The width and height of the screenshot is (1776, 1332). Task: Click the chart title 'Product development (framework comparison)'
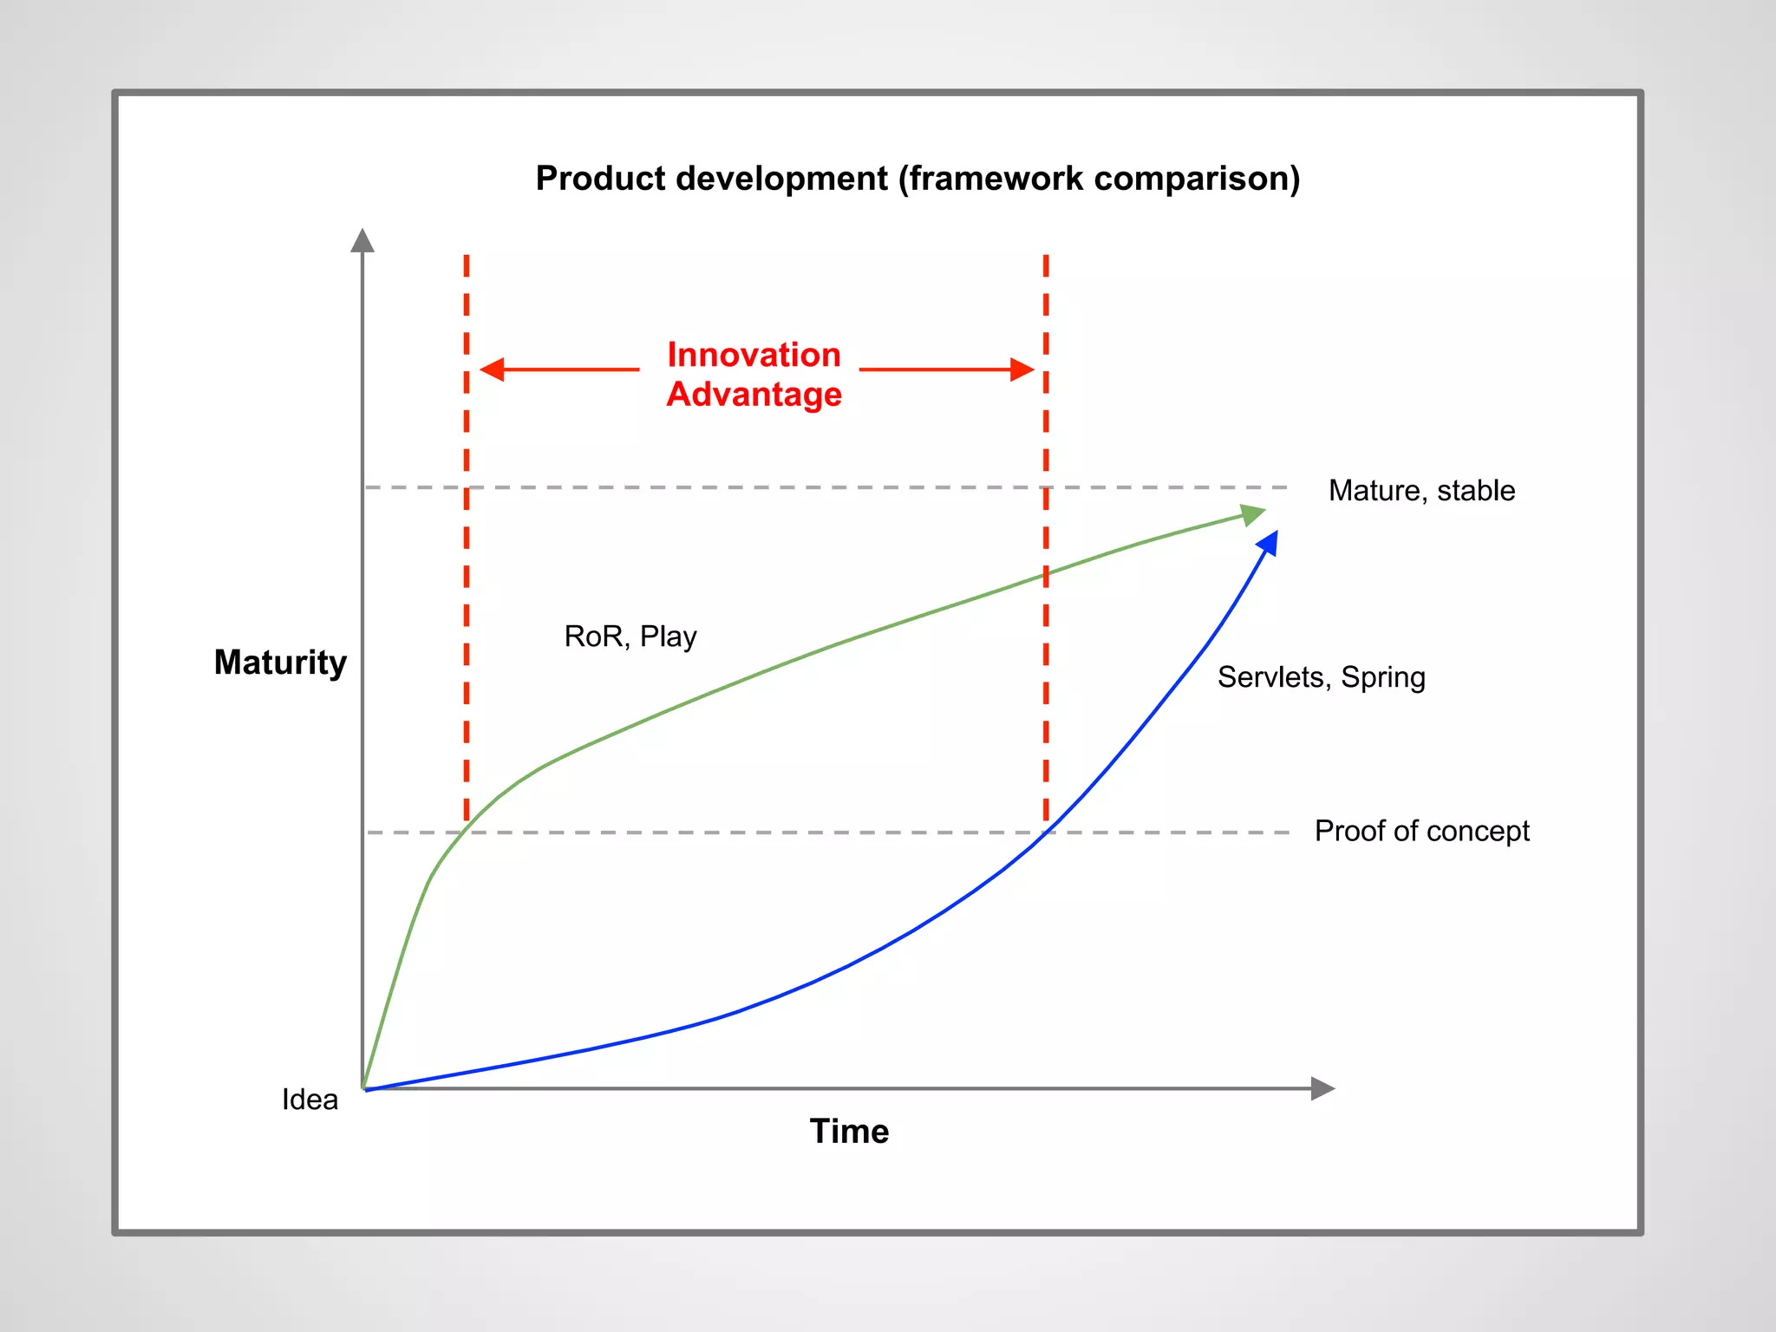tap(917, 179)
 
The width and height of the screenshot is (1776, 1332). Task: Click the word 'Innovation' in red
tap(754, 355)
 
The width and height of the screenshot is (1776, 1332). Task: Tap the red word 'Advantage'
tap(754, 395)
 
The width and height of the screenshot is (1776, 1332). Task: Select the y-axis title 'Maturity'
tap(280, 663)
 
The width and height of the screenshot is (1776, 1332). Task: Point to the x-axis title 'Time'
tap(849, 1132)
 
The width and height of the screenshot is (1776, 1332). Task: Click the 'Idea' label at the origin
tap(310, 1100)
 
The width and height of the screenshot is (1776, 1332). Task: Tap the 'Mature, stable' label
tap(1421, 491)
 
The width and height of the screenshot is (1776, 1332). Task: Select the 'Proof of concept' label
tap(1421, 831)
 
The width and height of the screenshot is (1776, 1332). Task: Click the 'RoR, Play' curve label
tap(630, 637)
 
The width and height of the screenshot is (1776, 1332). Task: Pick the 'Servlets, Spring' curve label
tap(1321, 677)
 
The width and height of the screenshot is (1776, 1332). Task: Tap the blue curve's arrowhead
tap(1269, 544)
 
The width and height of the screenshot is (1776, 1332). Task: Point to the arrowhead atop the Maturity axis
tap(362, 241)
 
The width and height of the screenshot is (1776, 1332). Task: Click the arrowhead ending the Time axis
tap(1322, 1088)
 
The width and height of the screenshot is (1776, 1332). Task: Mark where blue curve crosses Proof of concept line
tap(1047, 832)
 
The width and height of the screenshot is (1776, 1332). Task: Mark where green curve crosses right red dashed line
tap(1046, 575)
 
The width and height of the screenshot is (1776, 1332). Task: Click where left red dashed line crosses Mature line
tap(467, 487)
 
